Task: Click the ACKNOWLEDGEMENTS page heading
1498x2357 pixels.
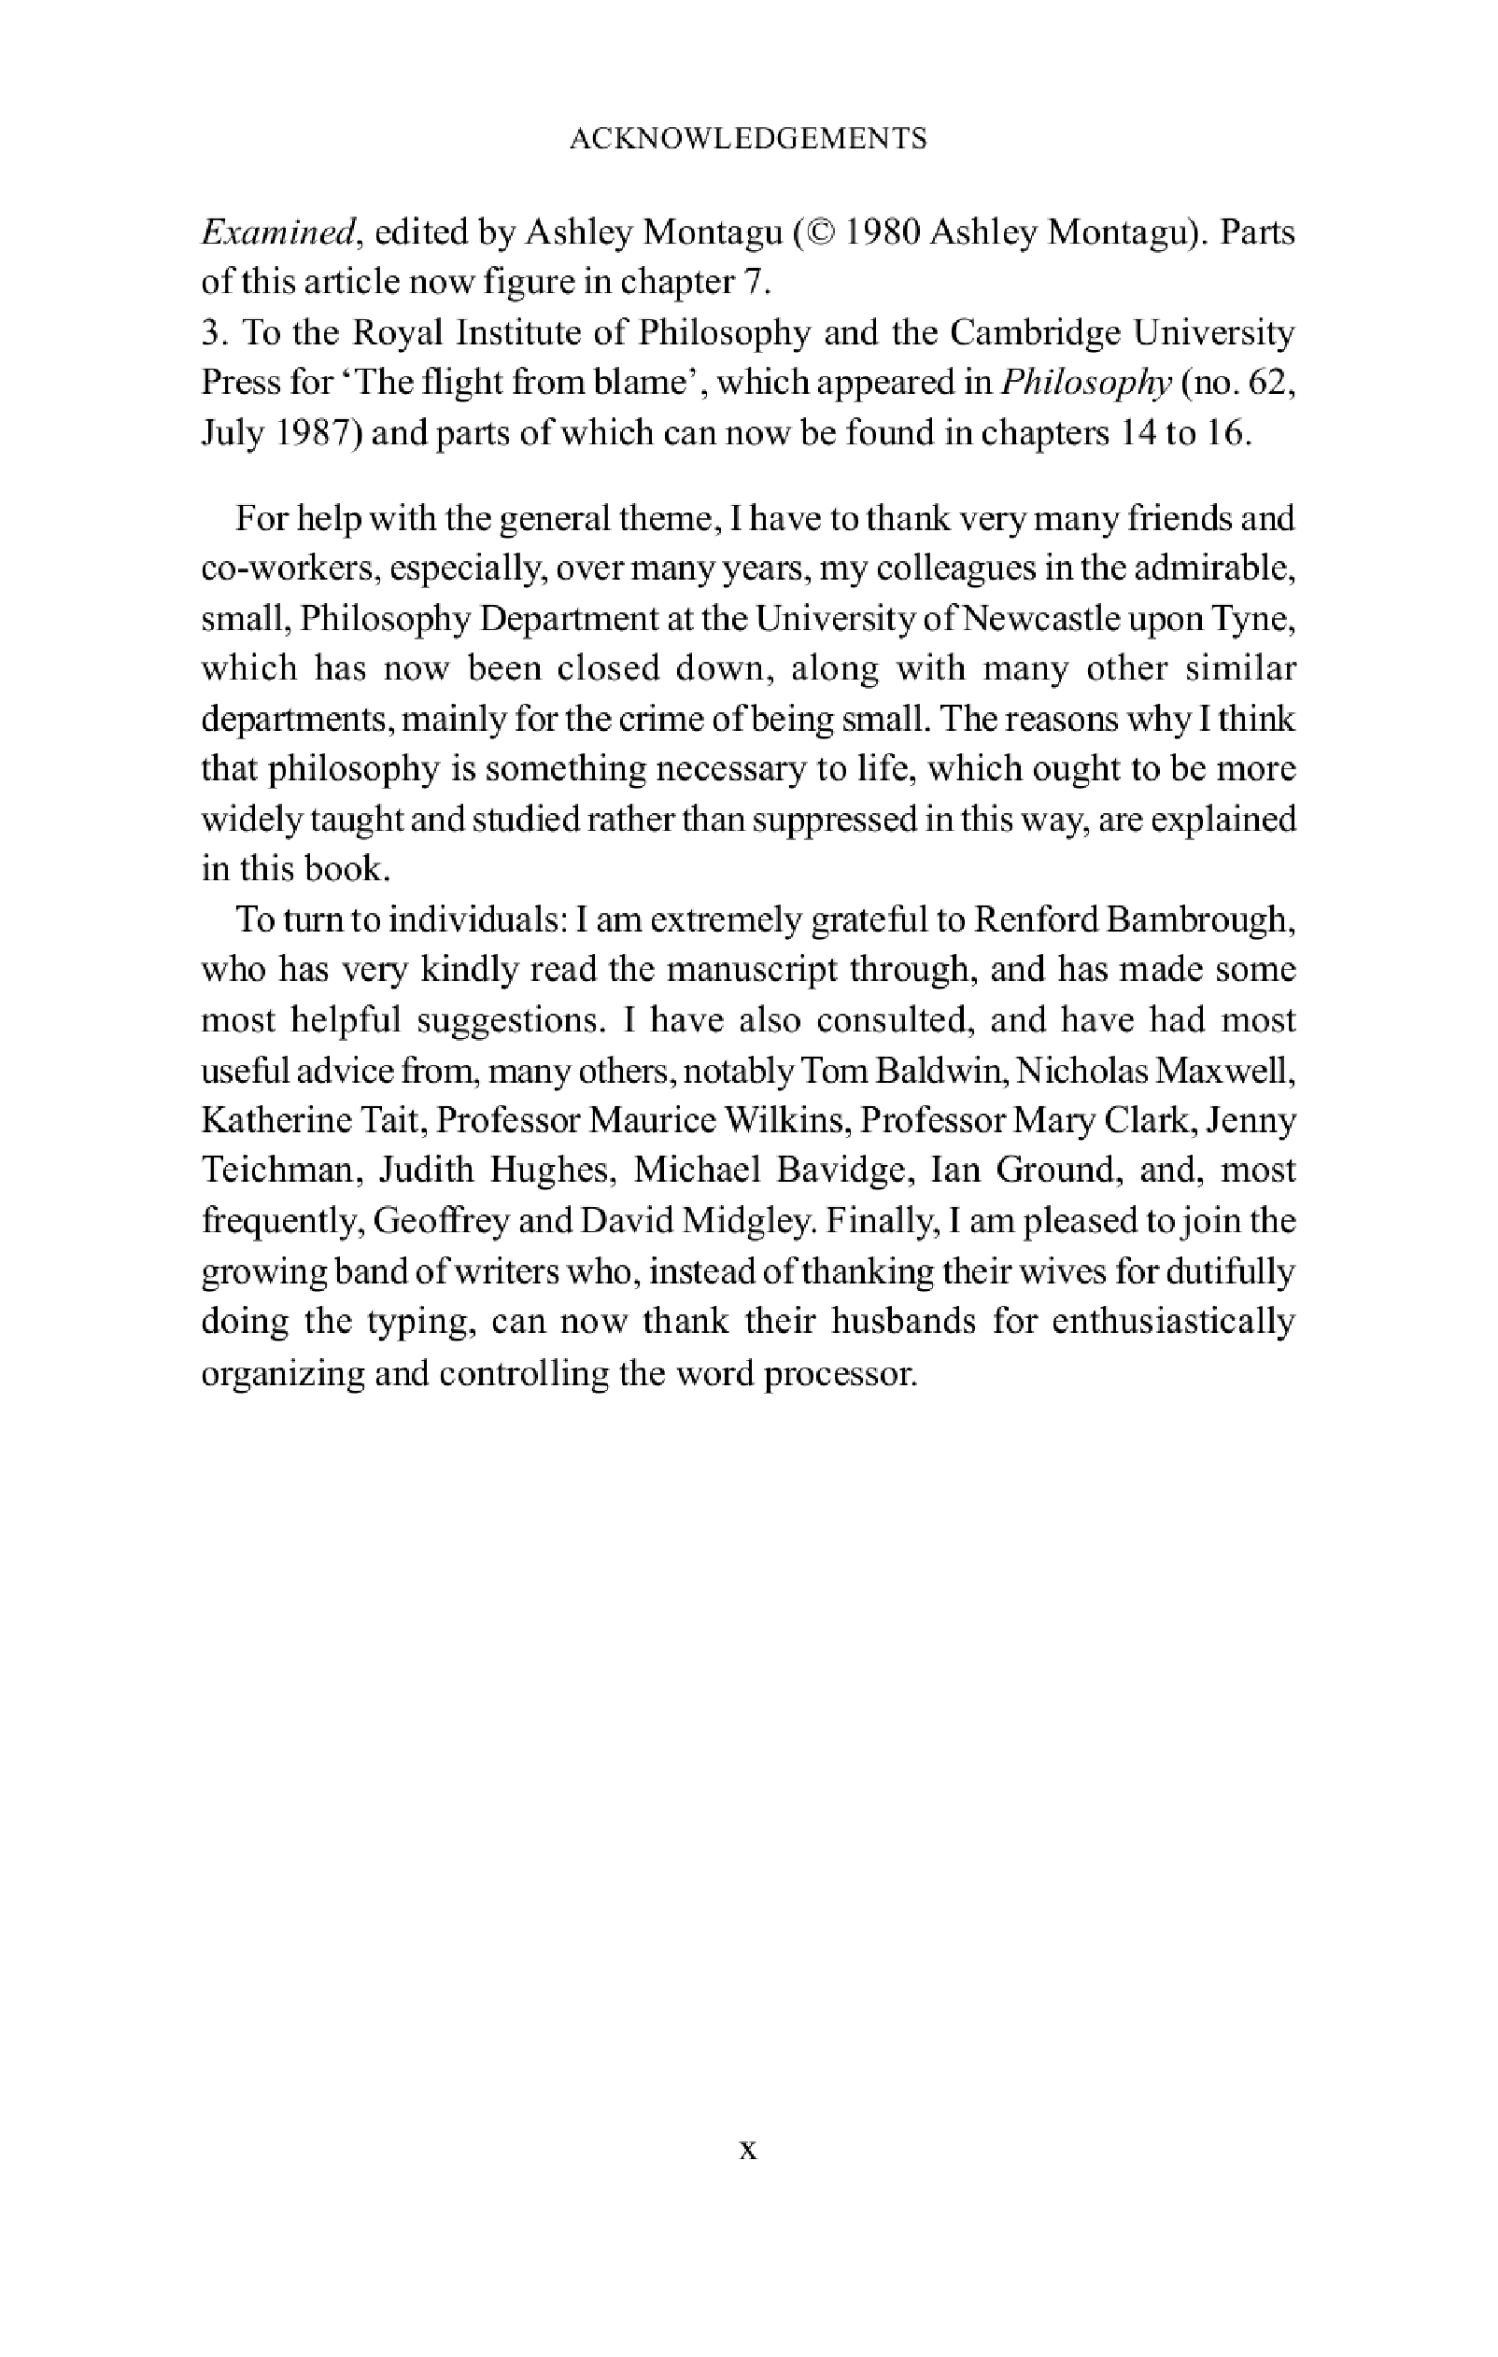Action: pos(748,139)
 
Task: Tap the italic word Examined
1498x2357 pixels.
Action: pos(276,233)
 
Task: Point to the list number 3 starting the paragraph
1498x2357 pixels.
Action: pos(209,334)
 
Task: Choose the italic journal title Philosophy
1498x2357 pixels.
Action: pos(1085,383)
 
